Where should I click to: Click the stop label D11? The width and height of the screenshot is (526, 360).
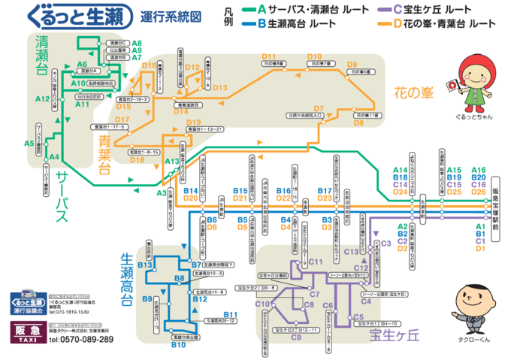[x=269, y=57]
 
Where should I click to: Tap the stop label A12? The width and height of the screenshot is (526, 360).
[x=42, y=98]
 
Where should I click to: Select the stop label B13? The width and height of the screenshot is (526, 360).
[x=145, y=266]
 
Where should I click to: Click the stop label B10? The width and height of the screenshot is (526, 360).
[x=178, y=345]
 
